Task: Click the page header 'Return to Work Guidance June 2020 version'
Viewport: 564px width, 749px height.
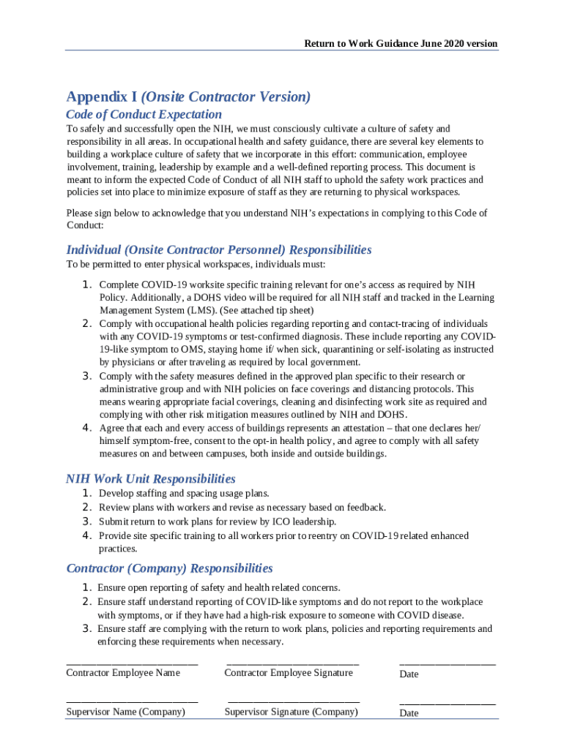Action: [x=401, y=44]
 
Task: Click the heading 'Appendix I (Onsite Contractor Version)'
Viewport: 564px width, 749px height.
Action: [x=188, y=97]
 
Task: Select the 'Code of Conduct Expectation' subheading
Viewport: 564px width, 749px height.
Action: [x=144, y=115]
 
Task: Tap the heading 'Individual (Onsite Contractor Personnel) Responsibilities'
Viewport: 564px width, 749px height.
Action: [x=219, y=250]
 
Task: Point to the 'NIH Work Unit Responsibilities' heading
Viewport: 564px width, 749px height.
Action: [x=151, y=479]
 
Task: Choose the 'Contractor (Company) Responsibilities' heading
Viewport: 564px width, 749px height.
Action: [x=169, y=568]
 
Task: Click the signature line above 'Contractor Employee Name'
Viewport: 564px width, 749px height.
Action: [x=132, y=663]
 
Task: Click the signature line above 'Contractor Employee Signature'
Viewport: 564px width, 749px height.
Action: [x=293, y=663]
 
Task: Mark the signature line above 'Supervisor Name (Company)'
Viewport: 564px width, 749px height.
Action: [x=132, y=702]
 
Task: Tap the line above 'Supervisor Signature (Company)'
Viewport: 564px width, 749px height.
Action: [x=293, y=702]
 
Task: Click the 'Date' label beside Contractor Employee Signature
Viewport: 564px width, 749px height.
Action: [x=409, y=674]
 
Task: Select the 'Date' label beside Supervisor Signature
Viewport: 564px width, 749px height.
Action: [x=409, y=713]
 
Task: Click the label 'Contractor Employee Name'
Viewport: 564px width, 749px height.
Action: [x=123, y=673]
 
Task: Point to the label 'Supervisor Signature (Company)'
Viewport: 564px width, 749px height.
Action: [x=291, y=712]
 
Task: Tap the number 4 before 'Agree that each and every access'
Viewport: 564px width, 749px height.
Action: [x=86, y=428]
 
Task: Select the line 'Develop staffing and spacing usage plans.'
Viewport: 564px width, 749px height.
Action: [x=184, y=494]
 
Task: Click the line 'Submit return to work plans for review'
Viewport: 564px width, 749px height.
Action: [x=218, y=522]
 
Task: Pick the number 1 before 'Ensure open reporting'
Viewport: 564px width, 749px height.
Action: [x=86, y=587]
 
